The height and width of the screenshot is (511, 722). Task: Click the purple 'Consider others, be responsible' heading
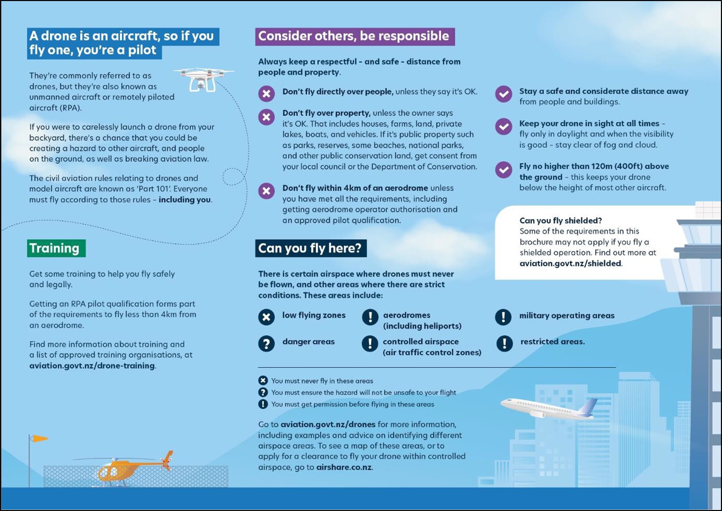354,36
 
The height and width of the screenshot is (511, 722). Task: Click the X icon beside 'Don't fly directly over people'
266,94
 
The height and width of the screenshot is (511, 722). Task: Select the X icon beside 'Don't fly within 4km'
266,191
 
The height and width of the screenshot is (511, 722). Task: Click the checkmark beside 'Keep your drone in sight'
503,127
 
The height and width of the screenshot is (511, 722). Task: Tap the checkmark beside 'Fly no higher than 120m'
503,170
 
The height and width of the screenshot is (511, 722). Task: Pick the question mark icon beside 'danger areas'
266,344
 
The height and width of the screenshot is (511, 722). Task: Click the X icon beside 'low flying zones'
266,317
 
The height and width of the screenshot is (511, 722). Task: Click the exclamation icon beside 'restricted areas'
505,343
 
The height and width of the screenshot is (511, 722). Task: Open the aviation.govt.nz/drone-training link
92,366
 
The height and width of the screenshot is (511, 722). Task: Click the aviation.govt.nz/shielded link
570,263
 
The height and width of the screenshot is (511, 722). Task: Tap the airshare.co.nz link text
344,467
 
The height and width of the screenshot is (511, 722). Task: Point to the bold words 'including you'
184,200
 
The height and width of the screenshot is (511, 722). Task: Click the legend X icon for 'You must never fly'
263,381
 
